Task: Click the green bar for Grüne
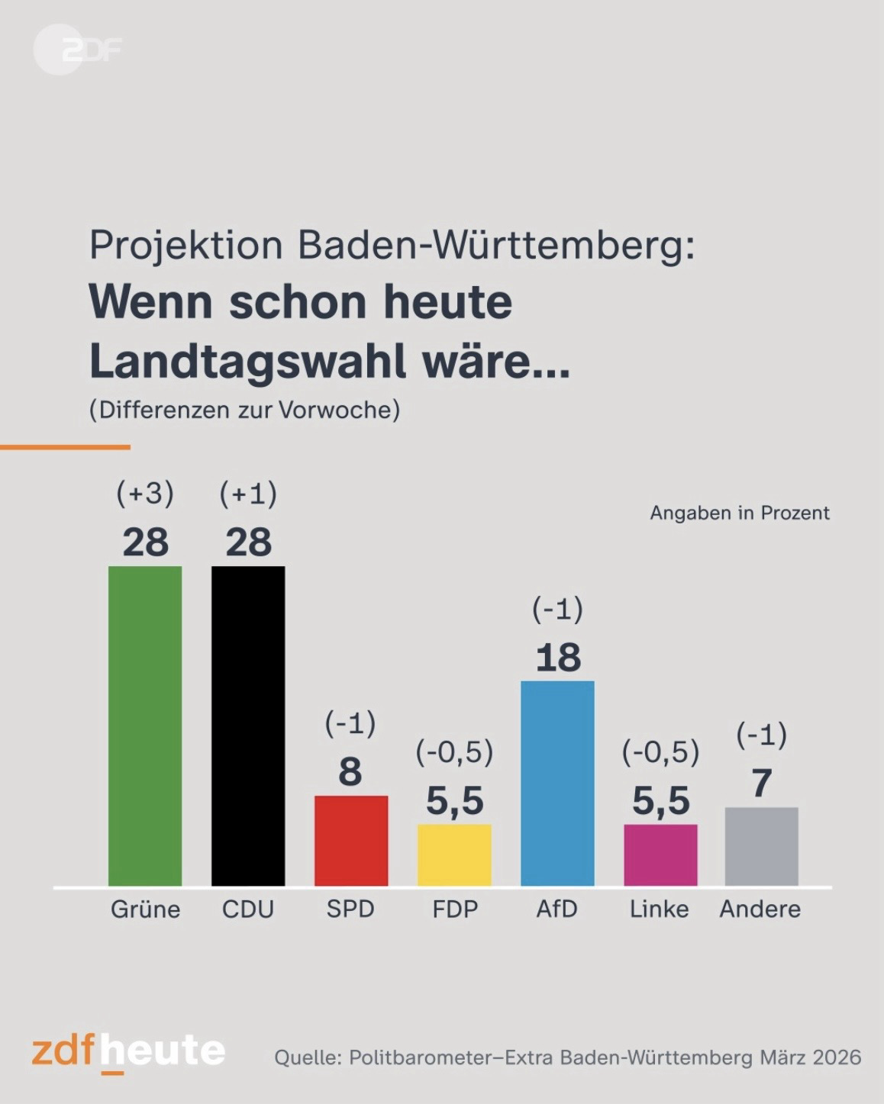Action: (x=145, y=726)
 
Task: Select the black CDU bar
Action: (x=248, y=726)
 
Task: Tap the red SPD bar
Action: (x=351, y=840)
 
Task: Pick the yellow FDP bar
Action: (x=454, y=855)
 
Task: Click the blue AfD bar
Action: (x=557, y=783)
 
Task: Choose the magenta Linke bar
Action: (x=660, y=855)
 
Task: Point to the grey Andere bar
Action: (x=761, y=846)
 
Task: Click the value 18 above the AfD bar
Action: (x=558, y=658)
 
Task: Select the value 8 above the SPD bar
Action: (x=350, y=771)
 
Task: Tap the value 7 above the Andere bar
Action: (x=761, y=784)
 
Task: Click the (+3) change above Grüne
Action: (x=145, y=494)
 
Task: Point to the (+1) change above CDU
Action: (x=248, y=494)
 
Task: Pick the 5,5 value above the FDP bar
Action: (x=455, y=801)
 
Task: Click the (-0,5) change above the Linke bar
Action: (x=660, y=753)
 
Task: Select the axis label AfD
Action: (x=557, y=909)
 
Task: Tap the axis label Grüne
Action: (x=145, y=909)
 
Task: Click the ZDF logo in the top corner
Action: (x=76, y=50)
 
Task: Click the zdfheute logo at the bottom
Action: (x=128, y=1051)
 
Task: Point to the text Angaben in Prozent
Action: (x=739, y=513)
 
